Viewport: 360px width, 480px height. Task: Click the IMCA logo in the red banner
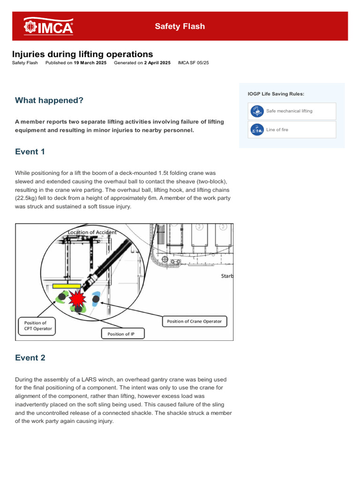coord(48,26)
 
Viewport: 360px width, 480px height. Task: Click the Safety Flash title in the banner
coord(180,26)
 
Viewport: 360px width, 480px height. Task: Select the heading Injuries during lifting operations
coord(82,54)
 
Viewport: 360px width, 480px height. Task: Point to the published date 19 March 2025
coord(90,63)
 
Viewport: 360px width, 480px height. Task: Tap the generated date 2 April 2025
coord(157,63)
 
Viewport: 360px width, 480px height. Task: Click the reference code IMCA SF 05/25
coord(193,63)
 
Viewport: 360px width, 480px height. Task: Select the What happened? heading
coord(49,100)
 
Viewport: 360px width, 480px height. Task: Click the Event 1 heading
coord(30,151)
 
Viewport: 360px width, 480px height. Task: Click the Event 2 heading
coord(30,358)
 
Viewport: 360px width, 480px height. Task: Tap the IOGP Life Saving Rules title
coord(276,94)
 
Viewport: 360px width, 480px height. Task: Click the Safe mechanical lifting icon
coord(257,111)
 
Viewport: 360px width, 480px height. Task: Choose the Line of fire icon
coord(257,130)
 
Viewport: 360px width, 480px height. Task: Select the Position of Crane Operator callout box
coord(195,322)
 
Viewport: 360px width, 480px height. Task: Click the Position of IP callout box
coord(123,334)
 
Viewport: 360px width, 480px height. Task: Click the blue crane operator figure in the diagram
coord(96,298)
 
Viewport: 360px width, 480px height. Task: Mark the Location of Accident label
coord(92,232)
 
